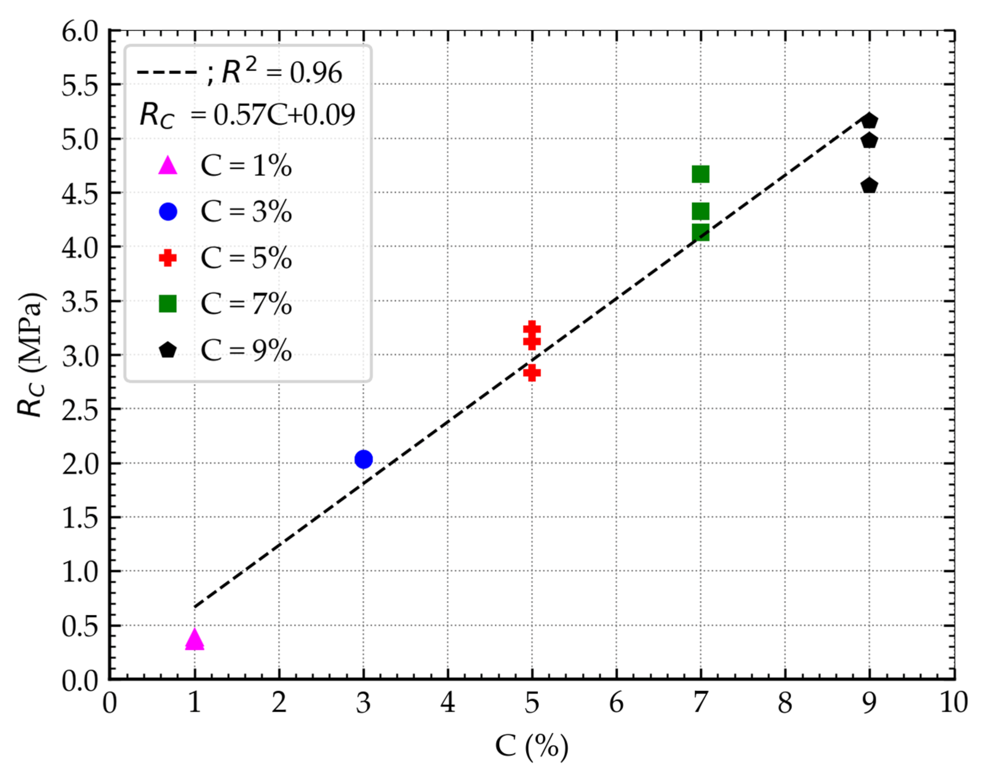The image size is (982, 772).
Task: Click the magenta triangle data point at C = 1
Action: coord(194,639)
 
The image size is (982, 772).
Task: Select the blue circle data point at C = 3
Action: coord(363,459)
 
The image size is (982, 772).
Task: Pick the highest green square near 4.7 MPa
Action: coord(701,174)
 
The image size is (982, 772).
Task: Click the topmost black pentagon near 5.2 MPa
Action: coord(869,121)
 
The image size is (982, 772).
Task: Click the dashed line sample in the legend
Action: coord(167,72)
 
